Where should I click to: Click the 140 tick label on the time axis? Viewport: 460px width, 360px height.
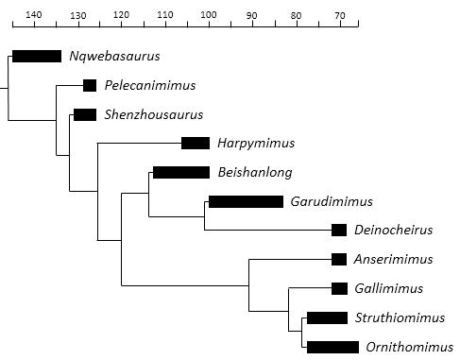click(x=34, y=15)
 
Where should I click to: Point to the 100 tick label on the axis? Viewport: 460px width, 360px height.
click(x=209, y=15)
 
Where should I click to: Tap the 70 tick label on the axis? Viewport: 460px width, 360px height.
click(x=340, y=15)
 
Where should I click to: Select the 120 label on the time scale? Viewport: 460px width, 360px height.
click(x=121, y=15)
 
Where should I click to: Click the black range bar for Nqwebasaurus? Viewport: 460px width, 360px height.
click(x=37, y=56)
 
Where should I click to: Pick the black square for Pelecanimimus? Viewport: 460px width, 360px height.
click(x=90, y=85)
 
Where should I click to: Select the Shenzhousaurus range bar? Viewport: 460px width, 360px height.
click(x=85, y=114)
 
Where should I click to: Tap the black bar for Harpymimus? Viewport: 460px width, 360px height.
click(x=196, y=144)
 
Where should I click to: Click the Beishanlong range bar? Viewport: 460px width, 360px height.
click(x=181, y=173)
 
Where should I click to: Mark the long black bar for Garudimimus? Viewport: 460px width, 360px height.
click(x=247, y=201)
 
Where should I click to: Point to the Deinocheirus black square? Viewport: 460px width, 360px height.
click(x=339, y=231)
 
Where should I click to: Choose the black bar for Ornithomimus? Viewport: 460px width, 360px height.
click(x=332, y=347)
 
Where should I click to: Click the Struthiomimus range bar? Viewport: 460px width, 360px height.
click(x=328, y=317)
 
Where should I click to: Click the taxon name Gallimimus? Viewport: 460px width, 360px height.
click(x=389, y=288)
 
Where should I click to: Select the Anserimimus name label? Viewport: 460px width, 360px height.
click(x=393, y=259)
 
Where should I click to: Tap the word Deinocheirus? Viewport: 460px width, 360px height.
click(x=394, y=230)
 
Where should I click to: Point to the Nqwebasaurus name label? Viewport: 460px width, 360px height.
click(x=114, y=56)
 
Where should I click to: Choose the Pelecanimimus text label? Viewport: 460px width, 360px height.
click(x=150, y=85)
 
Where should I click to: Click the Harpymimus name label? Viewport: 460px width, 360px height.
click(x=256, y=144)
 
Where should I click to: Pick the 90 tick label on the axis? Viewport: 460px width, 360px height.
click(x=251, y=15)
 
